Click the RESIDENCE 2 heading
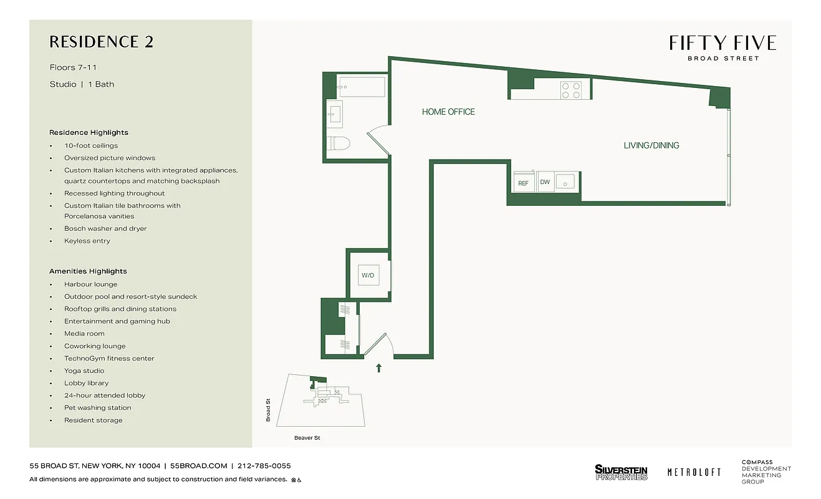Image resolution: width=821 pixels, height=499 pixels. click(101, 42)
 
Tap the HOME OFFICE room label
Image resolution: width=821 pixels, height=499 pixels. click(448, 112)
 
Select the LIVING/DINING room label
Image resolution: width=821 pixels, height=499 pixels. click(651, 145)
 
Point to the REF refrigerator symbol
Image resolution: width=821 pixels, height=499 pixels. click(523, 183)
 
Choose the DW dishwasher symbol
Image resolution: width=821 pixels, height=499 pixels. click(545, 182)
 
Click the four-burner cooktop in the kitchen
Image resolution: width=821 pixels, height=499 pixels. click(571, 90)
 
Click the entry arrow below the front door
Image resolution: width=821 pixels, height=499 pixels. click(378, 368)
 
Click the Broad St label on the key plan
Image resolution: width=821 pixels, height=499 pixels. click(269, 410)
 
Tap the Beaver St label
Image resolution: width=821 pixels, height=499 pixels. click(307, 438)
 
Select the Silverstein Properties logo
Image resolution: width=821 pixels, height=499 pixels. click(621, 472)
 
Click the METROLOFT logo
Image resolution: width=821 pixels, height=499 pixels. click(694, 472)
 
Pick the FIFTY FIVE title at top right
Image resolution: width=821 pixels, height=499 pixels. click(723, 43)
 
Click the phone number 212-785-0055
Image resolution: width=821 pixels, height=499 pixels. click(264, 466)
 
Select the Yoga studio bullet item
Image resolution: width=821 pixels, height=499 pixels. click(84, 371)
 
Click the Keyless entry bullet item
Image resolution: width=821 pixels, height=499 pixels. click(87, 241)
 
